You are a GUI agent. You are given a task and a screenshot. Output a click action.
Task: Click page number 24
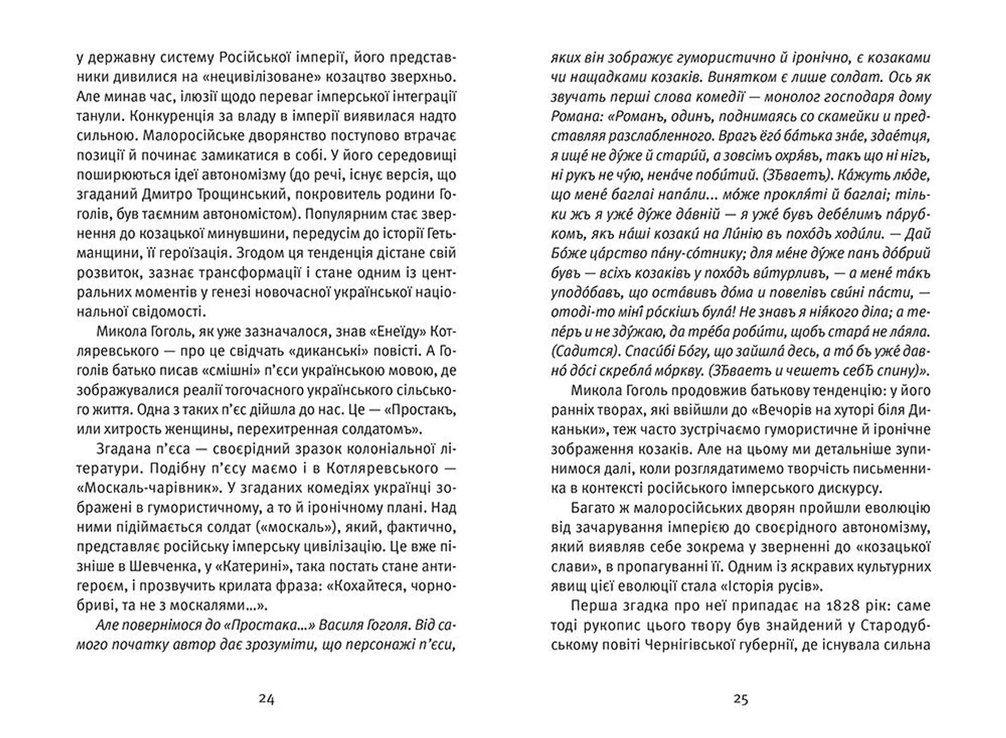[267, 699]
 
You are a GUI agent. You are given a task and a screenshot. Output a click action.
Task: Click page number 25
[740, 699]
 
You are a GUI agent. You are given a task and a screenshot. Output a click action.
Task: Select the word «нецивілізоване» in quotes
[259, 77]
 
